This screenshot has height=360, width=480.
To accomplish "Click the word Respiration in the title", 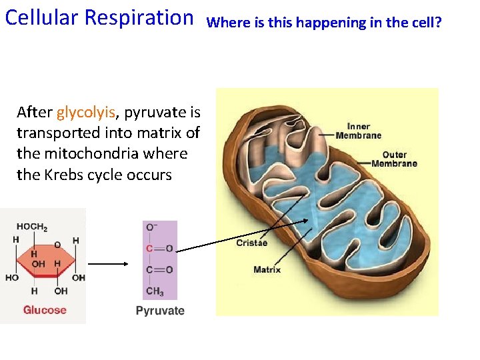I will tap(145, 17).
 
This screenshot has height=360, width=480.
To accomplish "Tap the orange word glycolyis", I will tap(86, 112).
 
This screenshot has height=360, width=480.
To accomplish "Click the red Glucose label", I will tap(45, 310).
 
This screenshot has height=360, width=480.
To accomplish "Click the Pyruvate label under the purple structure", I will tap(160, 311).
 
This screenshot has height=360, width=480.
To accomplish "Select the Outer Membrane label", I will tap(394, 159).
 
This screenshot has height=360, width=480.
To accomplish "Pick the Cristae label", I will tap(252, 243).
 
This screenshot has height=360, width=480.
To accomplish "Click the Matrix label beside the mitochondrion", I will tap(267, 270).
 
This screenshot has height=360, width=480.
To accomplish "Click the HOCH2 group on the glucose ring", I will tap(32, 227).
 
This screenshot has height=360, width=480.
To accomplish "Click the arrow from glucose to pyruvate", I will tap(108, 263).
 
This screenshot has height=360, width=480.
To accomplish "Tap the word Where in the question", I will tap(224, 23).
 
